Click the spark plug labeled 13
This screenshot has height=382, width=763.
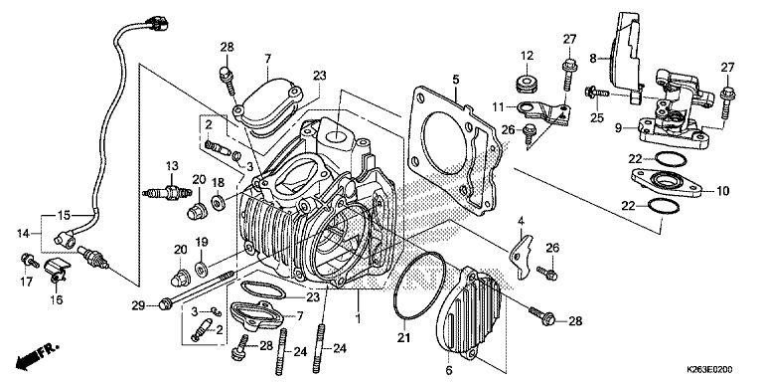point(166,193)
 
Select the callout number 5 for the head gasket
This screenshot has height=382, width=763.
point(455,79)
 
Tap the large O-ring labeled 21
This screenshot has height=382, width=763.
point(419,286)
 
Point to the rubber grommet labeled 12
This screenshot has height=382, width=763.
point(527,84)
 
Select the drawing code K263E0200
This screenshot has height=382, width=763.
point(709,370)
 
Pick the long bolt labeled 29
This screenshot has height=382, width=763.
point(196,289)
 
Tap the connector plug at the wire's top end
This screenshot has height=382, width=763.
point(157,23)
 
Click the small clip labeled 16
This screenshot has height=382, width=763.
point(57,271)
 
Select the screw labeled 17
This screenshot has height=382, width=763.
point(30,261)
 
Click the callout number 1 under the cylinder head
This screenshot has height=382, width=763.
point(358,319)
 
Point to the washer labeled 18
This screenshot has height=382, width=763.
point(218,202)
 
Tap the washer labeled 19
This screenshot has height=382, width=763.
point(201,268)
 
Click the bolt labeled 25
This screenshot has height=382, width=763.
point(597,92)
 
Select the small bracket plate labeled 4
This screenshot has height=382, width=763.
point(521,257)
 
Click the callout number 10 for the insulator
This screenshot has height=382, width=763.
point(722,191)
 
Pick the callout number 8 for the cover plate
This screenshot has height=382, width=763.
point(592,59)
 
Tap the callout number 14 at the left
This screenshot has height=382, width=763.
point(23,234)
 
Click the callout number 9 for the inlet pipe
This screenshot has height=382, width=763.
point(617,128)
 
